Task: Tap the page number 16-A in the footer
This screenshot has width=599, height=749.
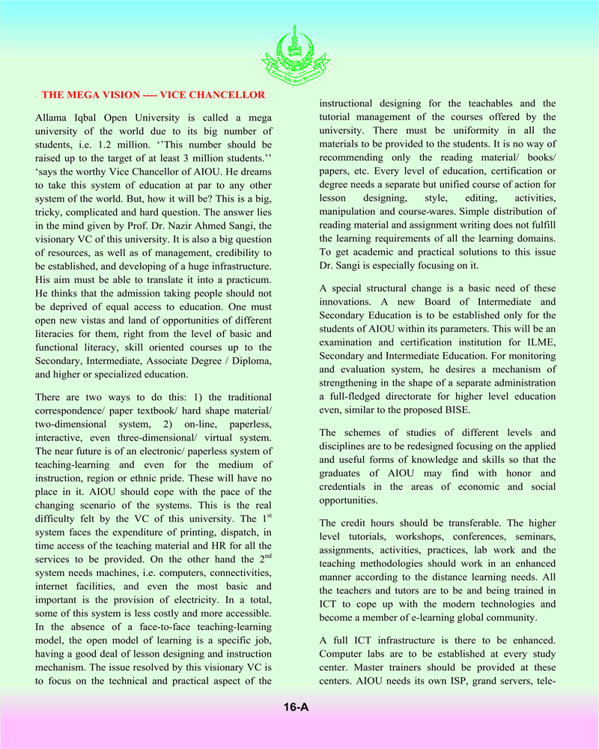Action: tap(297, 706)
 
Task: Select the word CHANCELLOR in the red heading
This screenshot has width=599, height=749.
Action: tap(226, 95)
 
